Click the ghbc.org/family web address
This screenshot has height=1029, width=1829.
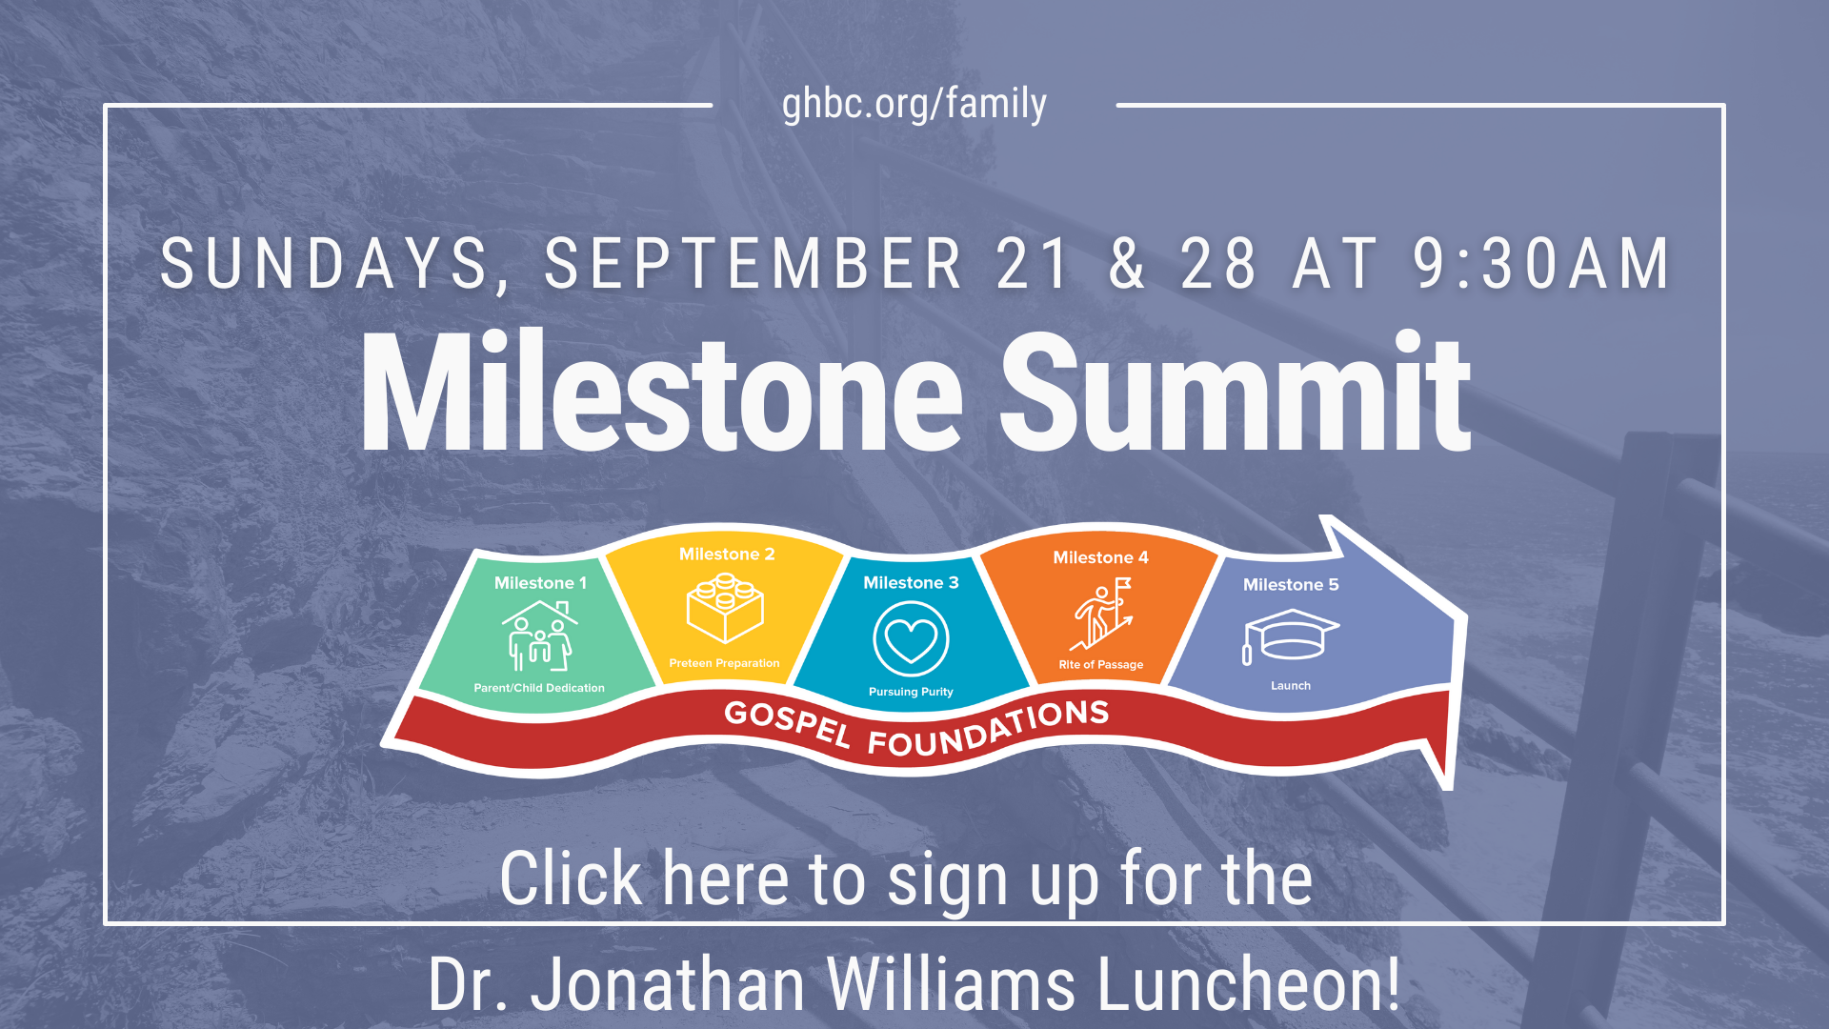[x=914, y=104]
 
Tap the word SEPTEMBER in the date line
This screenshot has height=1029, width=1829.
[x=754, y=264]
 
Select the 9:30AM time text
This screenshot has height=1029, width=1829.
[x=1542, y=264]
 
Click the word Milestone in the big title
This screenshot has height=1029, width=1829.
[x=662, y=391]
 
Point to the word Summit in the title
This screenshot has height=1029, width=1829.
[x=1236, y=391]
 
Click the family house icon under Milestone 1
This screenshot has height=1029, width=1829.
[x=540, y=636]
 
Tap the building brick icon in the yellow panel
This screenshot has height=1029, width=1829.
[x=725, y=608]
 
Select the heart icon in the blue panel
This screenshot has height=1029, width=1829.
[x=911, y=638]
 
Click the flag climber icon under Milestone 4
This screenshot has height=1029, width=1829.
[x=1102, y=614]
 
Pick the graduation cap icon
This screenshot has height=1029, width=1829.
[x=1291, y=636]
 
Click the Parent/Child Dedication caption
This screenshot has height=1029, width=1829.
[x=539, y=688]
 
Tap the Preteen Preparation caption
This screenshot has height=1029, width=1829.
[x=724, y=663]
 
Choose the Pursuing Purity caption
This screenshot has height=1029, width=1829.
[x=911, y=692]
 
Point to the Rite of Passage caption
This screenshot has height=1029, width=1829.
[x=1101, y=665]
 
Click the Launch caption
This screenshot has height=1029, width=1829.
[x=1291, y=686]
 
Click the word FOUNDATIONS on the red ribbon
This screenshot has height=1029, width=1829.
[x=989, y=727]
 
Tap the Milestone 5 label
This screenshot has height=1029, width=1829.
[x=1291, y=585]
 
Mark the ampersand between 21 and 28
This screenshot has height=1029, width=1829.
[x=1127, y=264]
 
